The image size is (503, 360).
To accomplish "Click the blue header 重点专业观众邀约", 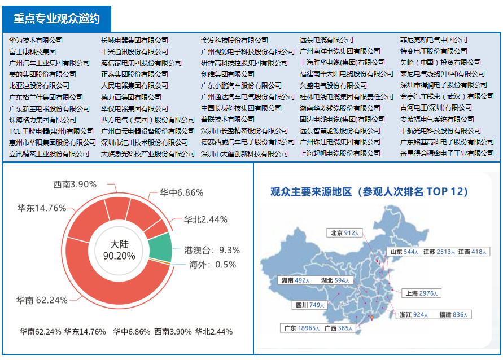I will tap(56, 19).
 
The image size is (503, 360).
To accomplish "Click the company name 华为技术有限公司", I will tap(36, 40).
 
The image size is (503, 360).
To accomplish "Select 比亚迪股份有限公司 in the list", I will tap(40, 86).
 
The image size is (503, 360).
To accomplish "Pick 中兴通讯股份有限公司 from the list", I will tap(134, 51).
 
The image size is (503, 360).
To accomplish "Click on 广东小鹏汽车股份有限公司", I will tap(241, 86).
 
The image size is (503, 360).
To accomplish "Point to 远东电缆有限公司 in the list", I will tap(326, 40).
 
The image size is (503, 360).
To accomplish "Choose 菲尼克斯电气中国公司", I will tap(434, 40).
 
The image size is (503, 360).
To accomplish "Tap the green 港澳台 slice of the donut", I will tap(161, 248).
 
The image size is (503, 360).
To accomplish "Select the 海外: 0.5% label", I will tap(213, 265).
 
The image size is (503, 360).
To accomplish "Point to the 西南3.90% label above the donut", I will tap(75, 185).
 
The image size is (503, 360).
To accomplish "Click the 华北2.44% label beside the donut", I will tap(205, 219).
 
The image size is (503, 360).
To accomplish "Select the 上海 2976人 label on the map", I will tap(421, 293).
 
